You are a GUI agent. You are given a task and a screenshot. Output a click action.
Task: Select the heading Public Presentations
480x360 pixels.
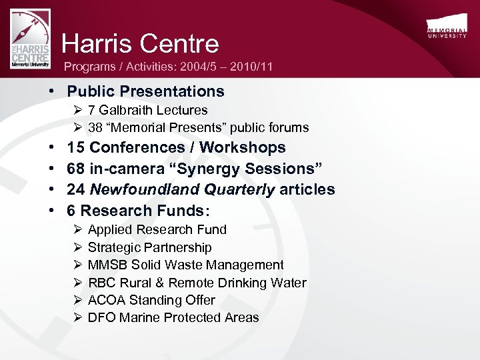[x=146, y=91]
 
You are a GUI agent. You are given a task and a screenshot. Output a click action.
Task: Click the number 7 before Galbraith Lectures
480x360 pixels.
[x=91, y=110]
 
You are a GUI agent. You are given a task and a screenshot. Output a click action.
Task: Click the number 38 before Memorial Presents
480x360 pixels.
[x=95, y=127]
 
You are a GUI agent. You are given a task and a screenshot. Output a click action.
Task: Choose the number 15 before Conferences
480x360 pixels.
[x=75, y=147]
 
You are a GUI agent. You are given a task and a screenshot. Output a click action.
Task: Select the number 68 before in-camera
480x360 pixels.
[x=75, y=169]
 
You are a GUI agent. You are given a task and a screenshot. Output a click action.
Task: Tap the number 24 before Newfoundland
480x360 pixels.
[x=75, y=190]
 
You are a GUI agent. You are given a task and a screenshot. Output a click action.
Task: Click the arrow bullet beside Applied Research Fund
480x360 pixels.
[x=77, y=229]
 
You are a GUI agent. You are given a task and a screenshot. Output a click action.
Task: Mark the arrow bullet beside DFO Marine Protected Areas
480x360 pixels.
[x=77, y=317]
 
